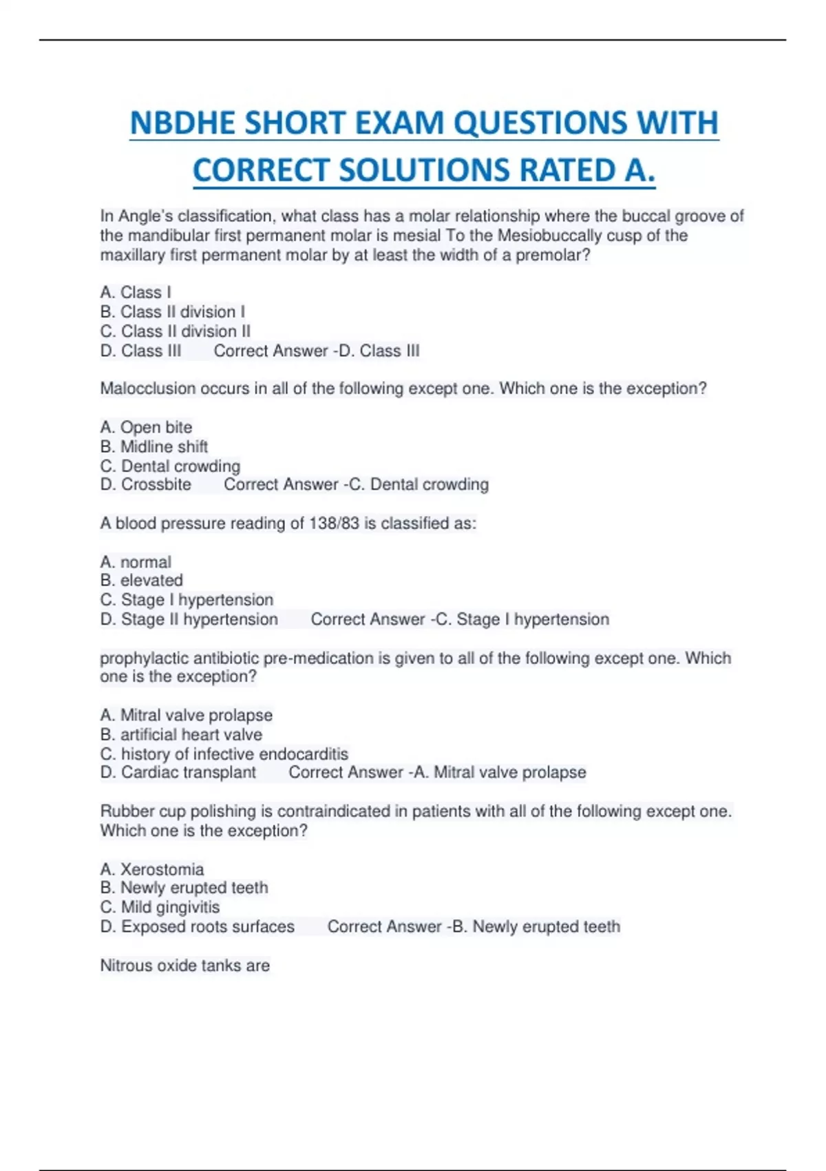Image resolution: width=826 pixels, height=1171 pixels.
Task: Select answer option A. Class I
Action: click(x=136, y=292)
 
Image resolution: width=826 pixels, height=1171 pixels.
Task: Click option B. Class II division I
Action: click(x=172, y=311)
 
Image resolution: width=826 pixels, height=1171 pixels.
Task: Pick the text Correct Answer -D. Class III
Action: click(x=316, y=351)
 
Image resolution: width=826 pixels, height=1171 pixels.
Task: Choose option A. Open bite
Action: click(x=146, y=427)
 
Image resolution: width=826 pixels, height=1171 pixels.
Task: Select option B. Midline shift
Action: click(x=153, y=446)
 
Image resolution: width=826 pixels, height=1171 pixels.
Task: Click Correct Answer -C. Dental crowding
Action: click(x=356, y=484)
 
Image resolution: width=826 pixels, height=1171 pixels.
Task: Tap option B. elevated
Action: click(x=141, y=580)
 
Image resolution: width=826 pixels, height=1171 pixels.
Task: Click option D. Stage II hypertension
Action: click(x=189, y=619)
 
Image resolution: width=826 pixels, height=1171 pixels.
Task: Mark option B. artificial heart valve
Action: click(x=181, y=734)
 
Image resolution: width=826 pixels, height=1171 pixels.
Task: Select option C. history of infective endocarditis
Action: click(x=224, y=754)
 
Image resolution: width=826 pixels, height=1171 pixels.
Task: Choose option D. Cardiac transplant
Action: click(x=178, y=772)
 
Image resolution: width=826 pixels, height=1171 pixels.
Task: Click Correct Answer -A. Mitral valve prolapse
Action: click(x=437, y=772)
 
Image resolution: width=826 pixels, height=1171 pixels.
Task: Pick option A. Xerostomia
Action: click(x=151, y=869)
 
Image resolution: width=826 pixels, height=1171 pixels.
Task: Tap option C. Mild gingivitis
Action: click(x=160, y=906)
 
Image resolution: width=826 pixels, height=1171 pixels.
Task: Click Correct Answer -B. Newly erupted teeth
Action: click(x=474, y=926)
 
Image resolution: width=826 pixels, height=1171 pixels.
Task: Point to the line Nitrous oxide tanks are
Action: click(x=184, y=966)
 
